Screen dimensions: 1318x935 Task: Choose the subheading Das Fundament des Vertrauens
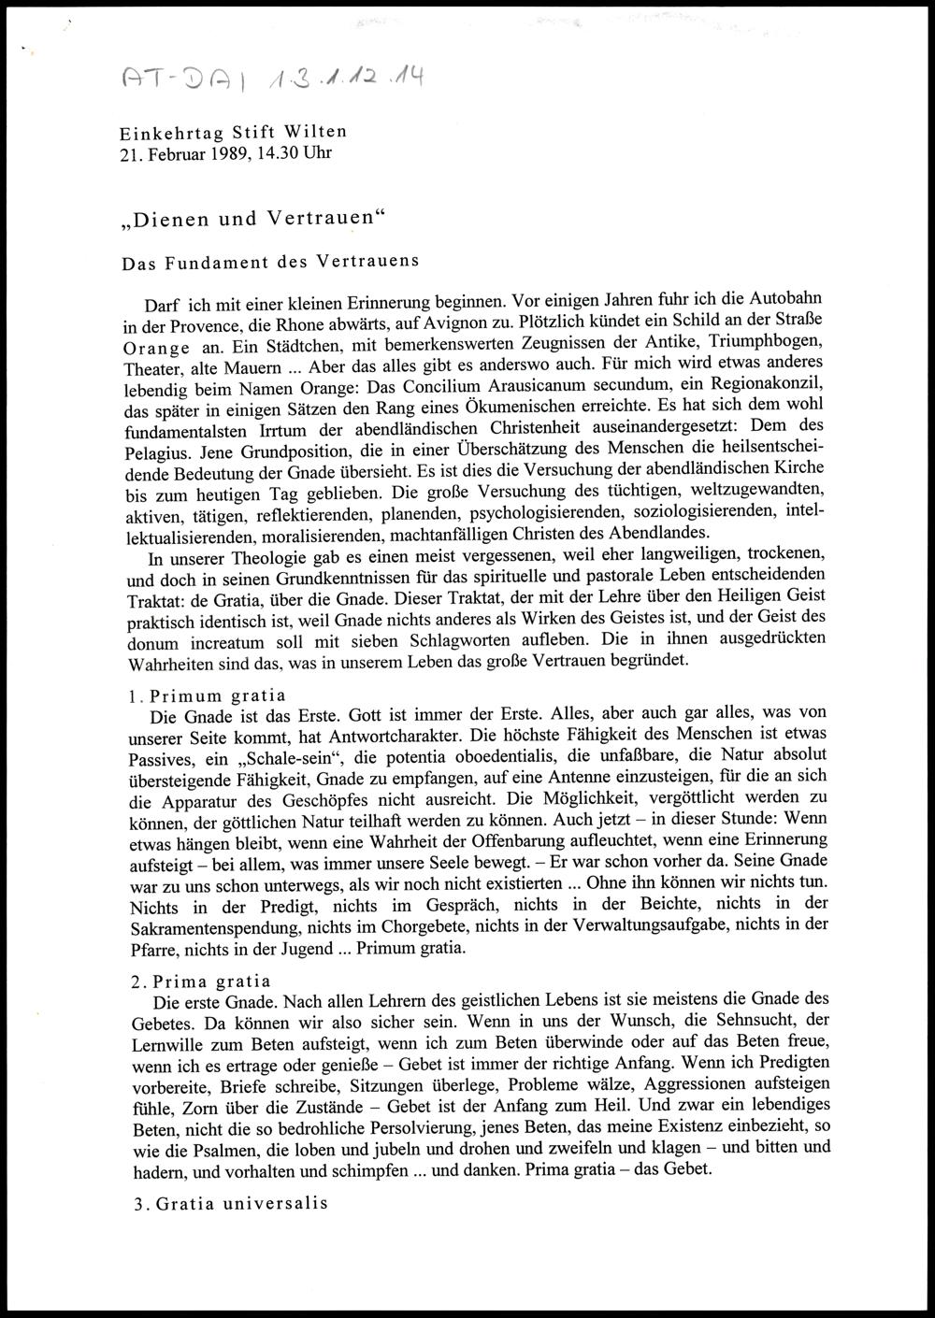(270, 263)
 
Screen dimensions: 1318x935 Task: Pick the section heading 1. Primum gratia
(208, 695)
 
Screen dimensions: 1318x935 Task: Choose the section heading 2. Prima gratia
(200, 981)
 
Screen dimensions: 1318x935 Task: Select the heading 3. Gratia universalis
(229, 1204)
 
